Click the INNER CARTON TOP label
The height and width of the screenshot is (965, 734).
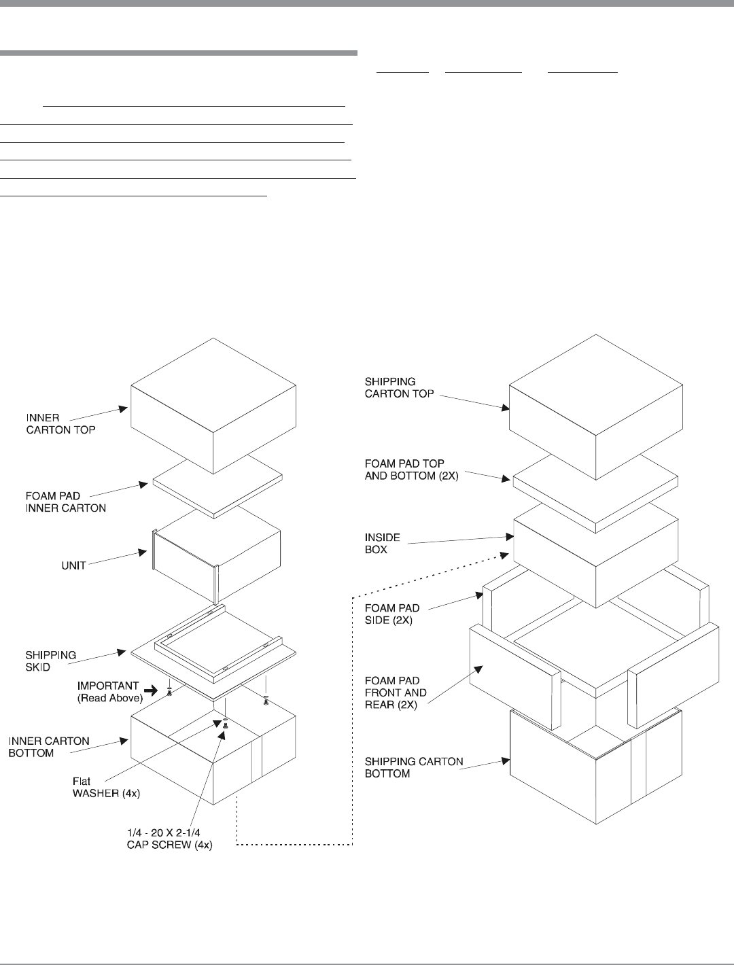60,424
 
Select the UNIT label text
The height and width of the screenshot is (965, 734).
74,565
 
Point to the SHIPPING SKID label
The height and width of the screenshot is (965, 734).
51,661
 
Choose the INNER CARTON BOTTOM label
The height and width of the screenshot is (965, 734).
49,747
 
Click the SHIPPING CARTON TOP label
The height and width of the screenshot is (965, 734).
400,387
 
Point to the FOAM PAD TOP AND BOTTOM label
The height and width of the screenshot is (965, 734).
412,470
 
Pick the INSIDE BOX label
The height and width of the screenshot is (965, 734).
383,543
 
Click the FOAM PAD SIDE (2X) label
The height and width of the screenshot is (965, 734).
392,614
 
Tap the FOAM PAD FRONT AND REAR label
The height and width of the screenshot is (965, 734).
396,692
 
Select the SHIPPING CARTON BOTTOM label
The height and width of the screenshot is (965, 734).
414,767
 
